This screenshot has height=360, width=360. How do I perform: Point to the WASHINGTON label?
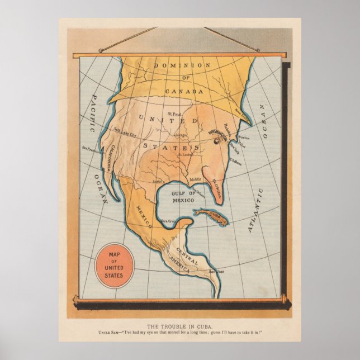point(218,134)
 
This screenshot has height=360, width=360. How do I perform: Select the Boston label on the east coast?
point(244,138)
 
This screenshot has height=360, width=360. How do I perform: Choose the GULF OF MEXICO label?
point(183,196)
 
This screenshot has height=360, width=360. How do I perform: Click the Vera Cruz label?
point(169,221)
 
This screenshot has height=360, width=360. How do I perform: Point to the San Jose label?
point(217,272)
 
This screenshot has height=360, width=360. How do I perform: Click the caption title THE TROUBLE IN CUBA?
point(180,326)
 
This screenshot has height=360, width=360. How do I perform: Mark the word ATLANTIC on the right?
point(255,210)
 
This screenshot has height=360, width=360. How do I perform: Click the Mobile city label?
point(195,179)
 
